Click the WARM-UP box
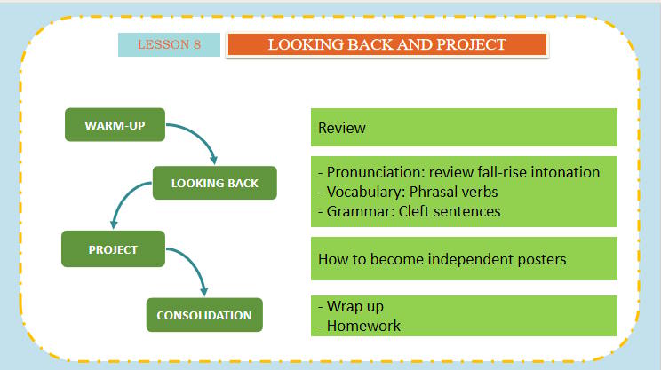[x=115, y=125]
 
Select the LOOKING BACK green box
[x=215, y=184]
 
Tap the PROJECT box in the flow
[x=113, y=249]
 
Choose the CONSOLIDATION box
[x=204, y=315]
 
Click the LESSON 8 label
[x=169, y=45]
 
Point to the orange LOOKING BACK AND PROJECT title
[x=387, y=45]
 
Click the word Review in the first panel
[x=342, y=128]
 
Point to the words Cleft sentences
[x=448, y=211]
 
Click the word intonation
[x=566, y=172]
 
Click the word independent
[x=454, y=259]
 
